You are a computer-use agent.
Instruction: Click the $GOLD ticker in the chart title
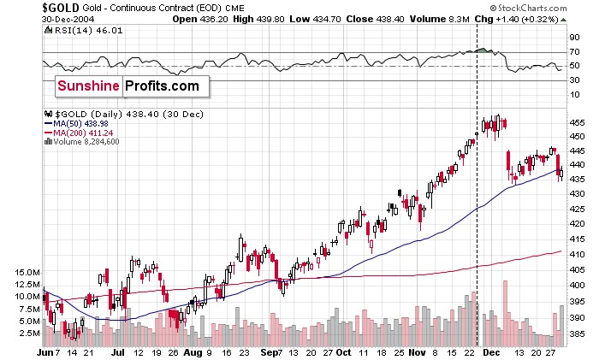pyautogui.click(x=60, y=9)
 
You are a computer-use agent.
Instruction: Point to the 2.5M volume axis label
pyautogui.click(x=29, y=333)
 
